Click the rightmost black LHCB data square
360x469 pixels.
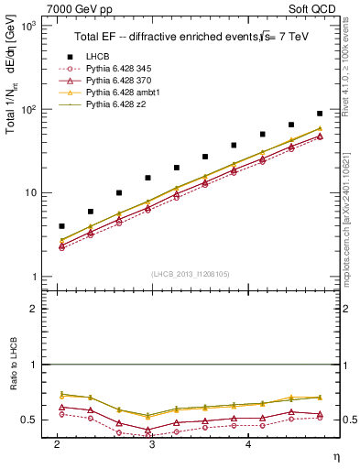tap(320, 114)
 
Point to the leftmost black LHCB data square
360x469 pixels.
tap(61, 225)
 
